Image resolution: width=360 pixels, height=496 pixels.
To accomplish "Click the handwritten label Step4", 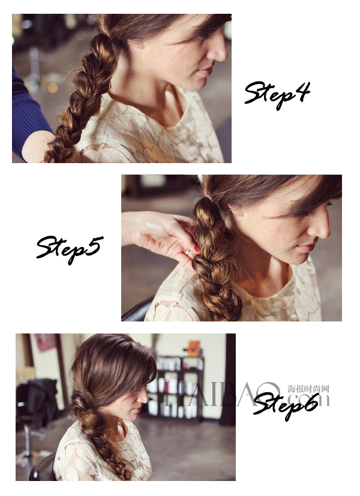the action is click(x=277, y=94).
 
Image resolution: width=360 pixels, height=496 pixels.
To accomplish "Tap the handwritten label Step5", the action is click(x=68, y=248).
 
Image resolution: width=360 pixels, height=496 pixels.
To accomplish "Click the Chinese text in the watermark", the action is click(x=308, y=389).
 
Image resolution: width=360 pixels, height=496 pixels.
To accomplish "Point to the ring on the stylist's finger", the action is click(x=188, y=252).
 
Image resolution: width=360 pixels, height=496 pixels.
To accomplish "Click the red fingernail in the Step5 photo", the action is click(x=197, y=249).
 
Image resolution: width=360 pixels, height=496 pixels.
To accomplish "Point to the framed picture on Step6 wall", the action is click(x=45, y=342).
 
